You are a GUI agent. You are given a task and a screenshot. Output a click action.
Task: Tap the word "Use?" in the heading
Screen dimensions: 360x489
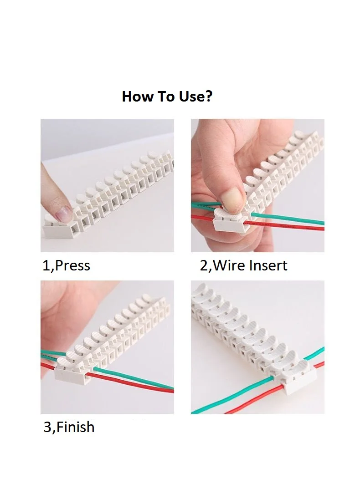[x=195, y=97]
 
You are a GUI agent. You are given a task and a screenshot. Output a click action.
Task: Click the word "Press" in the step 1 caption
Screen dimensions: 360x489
[x=72, y=266]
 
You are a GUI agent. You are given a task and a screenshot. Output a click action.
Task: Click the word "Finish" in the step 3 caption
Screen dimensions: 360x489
[x=75, y=427]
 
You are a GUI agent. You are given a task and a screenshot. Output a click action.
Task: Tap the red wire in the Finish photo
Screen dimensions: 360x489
[x=131, y=383]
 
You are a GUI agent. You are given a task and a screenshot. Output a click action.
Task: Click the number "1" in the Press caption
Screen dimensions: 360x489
[x=46, y=266]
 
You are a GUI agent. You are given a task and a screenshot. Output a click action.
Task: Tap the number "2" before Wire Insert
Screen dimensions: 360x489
[x=204, y=266]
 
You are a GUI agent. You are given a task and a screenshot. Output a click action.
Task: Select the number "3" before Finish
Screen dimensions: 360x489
[x=47, y=427]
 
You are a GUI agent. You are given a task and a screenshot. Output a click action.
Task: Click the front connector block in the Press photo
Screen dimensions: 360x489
[x=61, y=227]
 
